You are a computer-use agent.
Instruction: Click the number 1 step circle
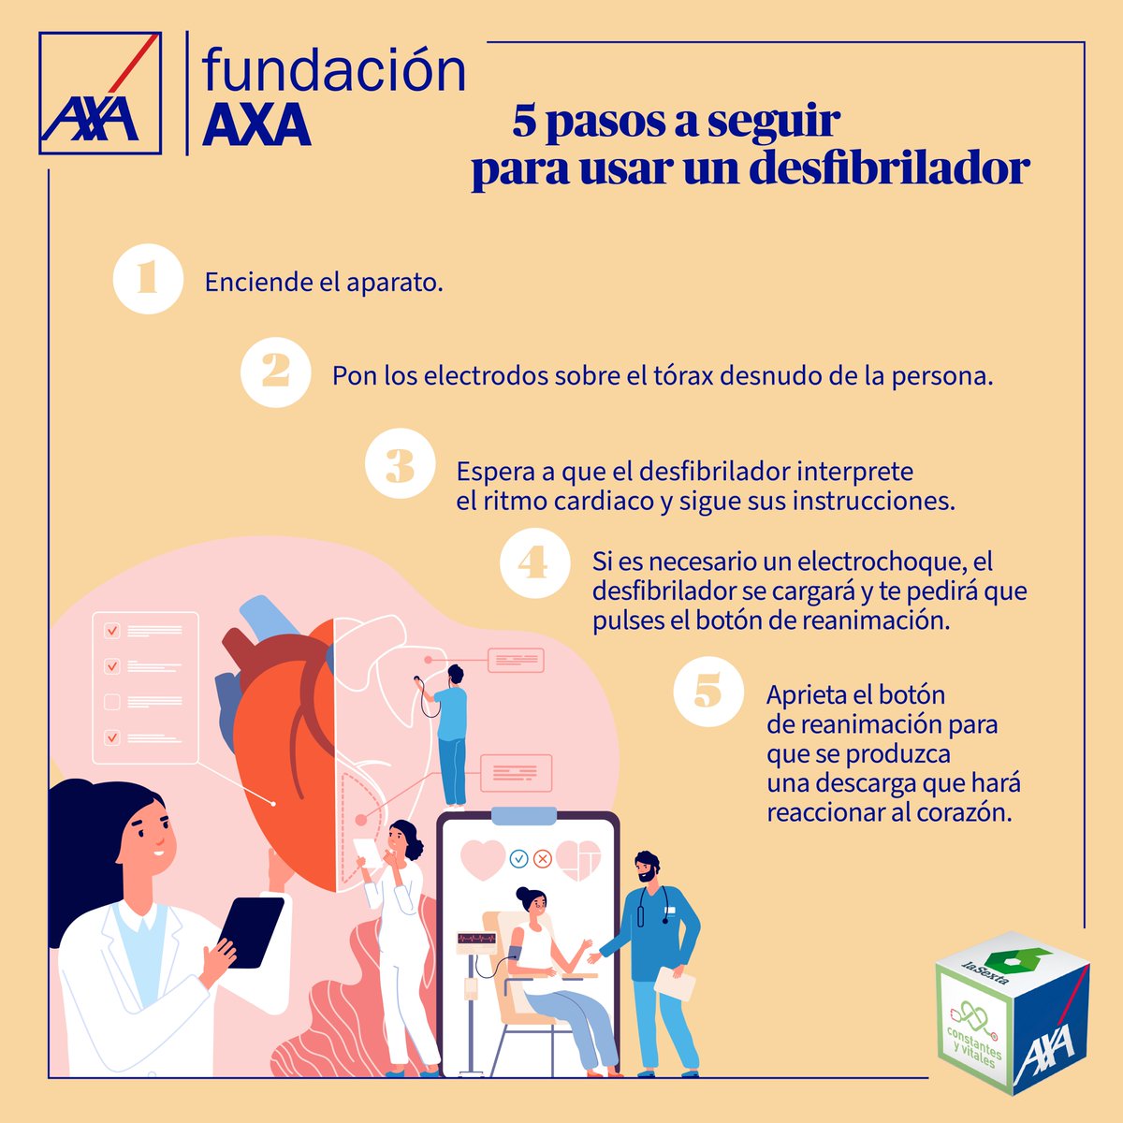(x=148, y=278)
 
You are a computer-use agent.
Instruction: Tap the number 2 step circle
(x=275, y=372)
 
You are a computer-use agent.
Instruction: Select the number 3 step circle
(x=400, y=464)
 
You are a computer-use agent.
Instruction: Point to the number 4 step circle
(x=533, y=562)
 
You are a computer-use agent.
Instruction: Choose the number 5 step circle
(x=708, y=692)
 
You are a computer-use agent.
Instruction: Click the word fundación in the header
(x=334, y=71)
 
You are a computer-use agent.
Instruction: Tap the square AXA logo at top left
(x=100, y=93)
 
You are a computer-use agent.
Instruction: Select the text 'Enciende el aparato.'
(x=324, y=282)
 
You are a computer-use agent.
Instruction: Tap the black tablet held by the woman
(x=249, y=931)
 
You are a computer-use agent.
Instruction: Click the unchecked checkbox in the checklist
(x=112, y=702)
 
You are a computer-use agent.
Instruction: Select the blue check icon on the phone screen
(x=518, y=858)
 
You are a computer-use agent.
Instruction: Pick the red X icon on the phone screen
(x=542, y=858)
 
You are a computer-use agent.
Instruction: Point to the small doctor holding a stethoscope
(x=450, y=730)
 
